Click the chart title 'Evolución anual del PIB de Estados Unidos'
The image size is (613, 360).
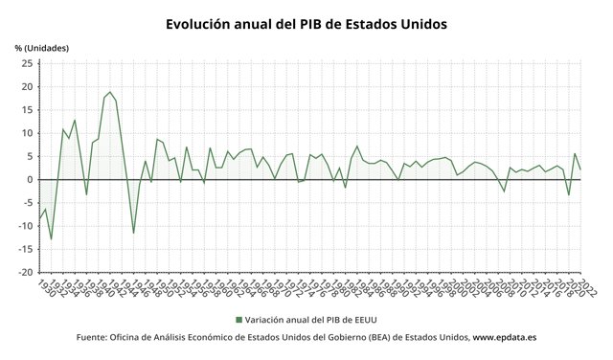[x=306, y=23]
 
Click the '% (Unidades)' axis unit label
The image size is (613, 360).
[x=42, y=48]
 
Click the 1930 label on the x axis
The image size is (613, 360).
[x=44, y=286]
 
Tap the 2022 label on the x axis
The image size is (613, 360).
[x=586, y=287]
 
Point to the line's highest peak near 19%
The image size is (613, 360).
[x=110, y=92]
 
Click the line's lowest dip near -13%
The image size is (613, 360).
[x=51, y=239]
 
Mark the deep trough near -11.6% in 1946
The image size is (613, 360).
[x=133, y=233]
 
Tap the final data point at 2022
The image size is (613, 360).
[x=580, y=169]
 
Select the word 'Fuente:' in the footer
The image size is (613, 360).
[x=96, y=338]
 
